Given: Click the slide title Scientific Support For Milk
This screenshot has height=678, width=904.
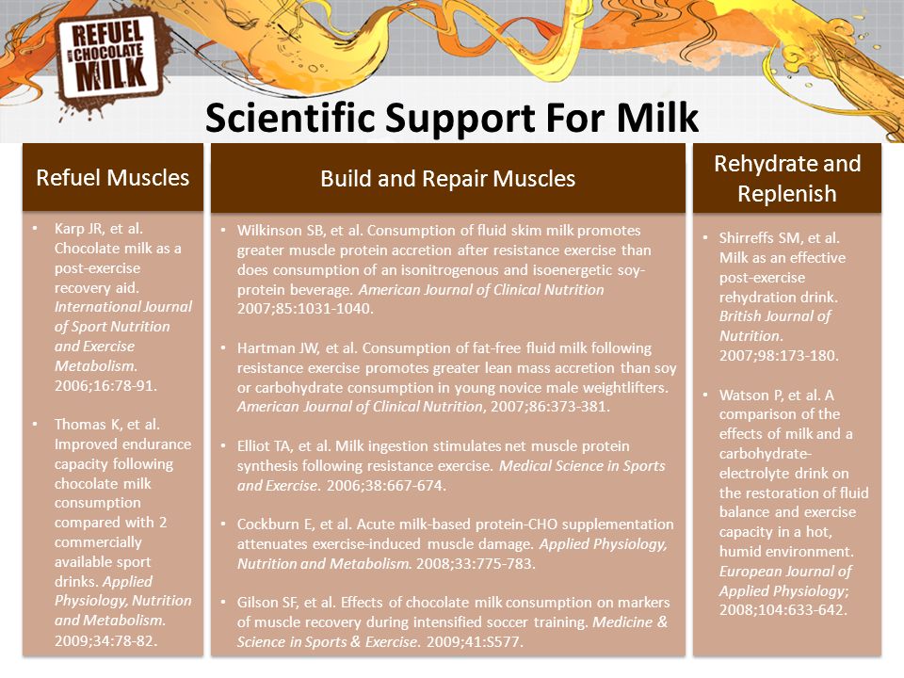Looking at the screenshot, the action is [x=451, y=118].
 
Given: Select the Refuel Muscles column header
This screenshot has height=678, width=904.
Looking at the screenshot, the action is [x=112, y=178].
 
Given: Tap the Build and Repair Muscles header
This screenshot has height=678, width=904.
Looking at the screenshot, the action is [x=448, y=179].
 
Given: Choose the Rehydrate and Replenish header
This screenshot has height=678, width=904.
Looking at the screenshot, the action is [x=787, y=179].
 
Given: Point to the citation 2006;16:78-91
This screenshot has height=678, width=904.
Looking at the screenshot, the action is [x=105, y=385].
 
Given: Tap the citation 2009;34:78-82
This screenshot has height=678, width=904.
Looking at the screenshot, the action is [x=105, y=640].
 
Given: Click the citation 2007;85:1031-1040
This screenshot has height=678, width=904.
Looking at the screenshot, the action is [x=305, y=309].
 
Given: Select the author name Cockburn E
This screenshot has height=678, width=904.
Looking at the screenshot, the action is [x=268, y=525].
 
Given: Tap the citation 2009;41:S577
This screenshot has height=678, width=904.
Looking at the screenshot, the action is [x=475, y=641].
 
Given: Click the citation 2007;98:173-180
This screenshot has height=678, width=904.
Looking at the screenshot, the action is [x=779, y=355].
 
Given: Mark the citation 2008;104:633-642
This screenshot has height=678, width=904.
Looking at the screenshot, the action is [x=783, y=610].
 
